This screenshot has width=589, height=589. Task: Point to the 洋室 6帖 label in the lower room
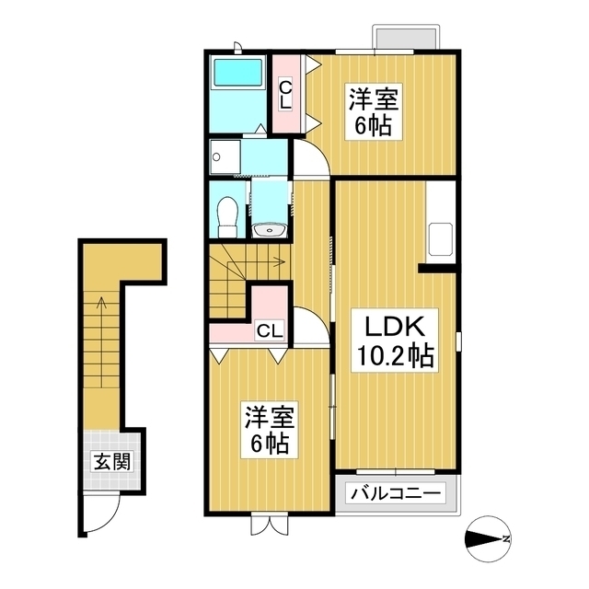[x=268, y=431]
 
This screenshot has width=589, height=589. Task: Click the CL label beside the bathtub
[x=286, y=95]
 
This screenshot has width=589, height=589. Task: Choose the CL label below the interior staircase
[x=270, y=329]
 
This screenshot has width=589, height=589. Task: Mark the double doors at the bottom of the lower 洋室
[x=267, y=525]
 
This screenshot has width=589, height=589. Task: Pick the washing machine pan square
[x=225, y=156]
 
